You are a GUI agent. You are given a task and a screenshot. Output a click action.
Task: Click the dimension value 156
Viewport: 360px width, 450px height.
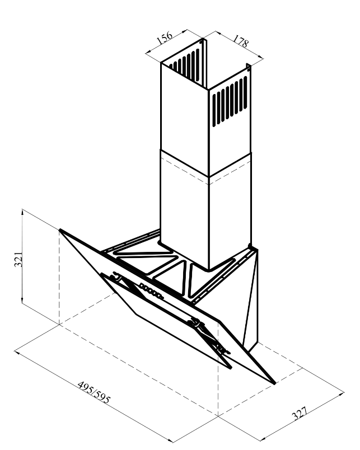pyautogui.click(x=165, y=37)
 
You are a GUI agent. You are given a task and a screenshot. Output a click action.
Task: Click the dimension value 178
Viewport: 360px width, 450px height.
pyautogui.click(x=240, y=41)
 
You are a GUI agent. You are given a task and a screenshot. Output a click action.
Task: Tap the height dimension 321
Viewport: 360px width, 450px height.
pyautogui.click(x=18, y=260)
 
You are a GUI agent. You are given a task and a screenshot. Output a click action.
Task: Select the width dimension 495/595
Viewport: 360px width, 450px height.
pyautogui.click(x=94, y=392)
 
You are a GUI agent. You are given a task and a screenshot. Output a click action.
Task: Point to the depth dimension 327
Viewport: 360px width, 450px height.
pyautogui.click(x=300, y=413)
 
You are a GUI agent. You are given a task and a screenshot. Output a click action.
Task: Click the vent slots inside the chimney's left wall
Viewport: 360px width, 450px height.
pyautogui.click(x=184, y=65)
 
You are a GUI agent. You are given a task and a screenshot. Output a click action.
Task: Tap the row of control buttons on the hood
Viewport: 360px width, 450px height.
pyautogui.click(x=151, y=291)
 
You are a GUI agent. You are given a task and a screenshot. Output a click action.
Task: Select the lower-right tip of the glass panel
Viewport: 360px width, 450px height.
pyautogui.click(x=275, y=383)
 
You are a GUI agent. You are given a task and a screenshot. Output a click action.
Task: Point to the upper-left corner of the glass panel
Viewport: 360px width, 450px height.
pyautogui.click(x=60, y=229)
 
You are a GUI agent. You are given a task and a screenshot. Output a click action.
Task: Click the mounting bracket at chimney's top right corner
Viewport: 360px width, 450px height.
pyautogui.click(x=249, y=68)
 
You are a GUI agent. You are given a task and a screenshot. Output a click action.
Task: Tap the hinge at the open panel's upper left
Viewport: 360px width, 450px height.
pyautogui.click(x=116, y=276)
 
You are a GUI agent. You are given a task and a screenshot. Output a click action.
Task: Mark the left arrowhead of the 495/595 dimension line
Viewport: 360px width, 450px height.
pyautogui.click(x=17, y=352)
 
